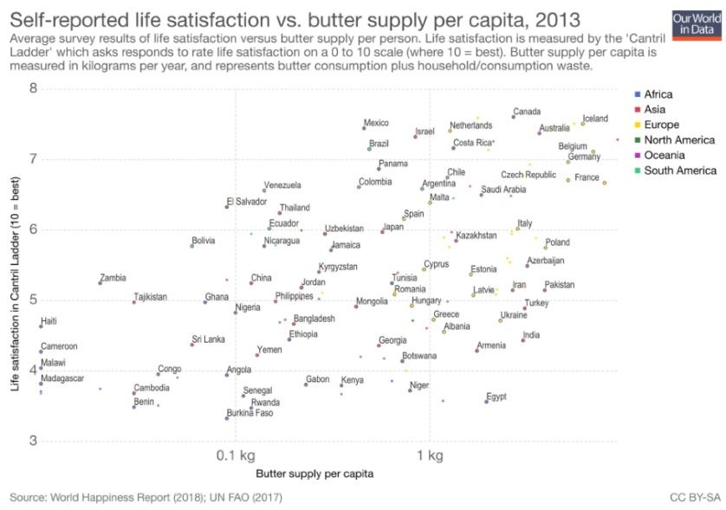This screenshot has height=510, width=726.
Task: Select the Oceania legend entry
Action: pos(668,155)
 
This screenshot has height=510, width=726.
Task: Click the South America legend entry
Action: pos(678,171)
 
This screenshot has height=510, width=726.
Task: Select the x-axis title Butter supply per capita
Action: pos(315,474)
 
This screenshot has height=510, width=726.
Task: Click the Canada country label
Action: pos(527,112)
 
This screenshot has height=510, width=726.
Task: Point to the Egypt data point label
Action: pos(496,397)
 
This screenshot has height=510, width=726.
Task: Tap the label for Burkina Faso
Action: pos(251,413)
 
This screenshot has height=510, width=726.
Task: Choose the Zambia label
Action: pos(113,278)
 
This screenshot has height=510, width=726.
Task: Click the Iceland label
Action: pos(595,119)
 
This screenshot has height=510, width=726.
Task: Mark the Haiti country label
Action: pos(49,321)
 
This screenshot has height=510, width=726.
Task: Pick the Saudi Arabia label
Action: pos(503,190)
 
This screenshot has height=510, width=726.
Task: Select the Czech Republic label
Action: pos(528,175)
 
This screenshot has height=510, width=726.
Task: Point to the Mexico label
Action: pos(376,123)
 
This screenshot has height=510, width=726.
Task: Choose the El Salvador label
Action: pos(247,202)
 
